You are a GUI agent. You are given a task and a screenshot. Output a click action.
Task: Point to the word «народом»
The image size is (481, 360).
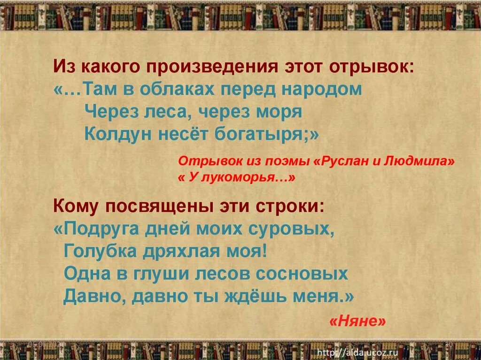(x=324, y=89)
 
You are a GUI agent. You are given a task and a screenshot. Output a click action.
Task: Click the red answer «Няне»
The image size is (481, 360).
(x=357, y=321)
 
